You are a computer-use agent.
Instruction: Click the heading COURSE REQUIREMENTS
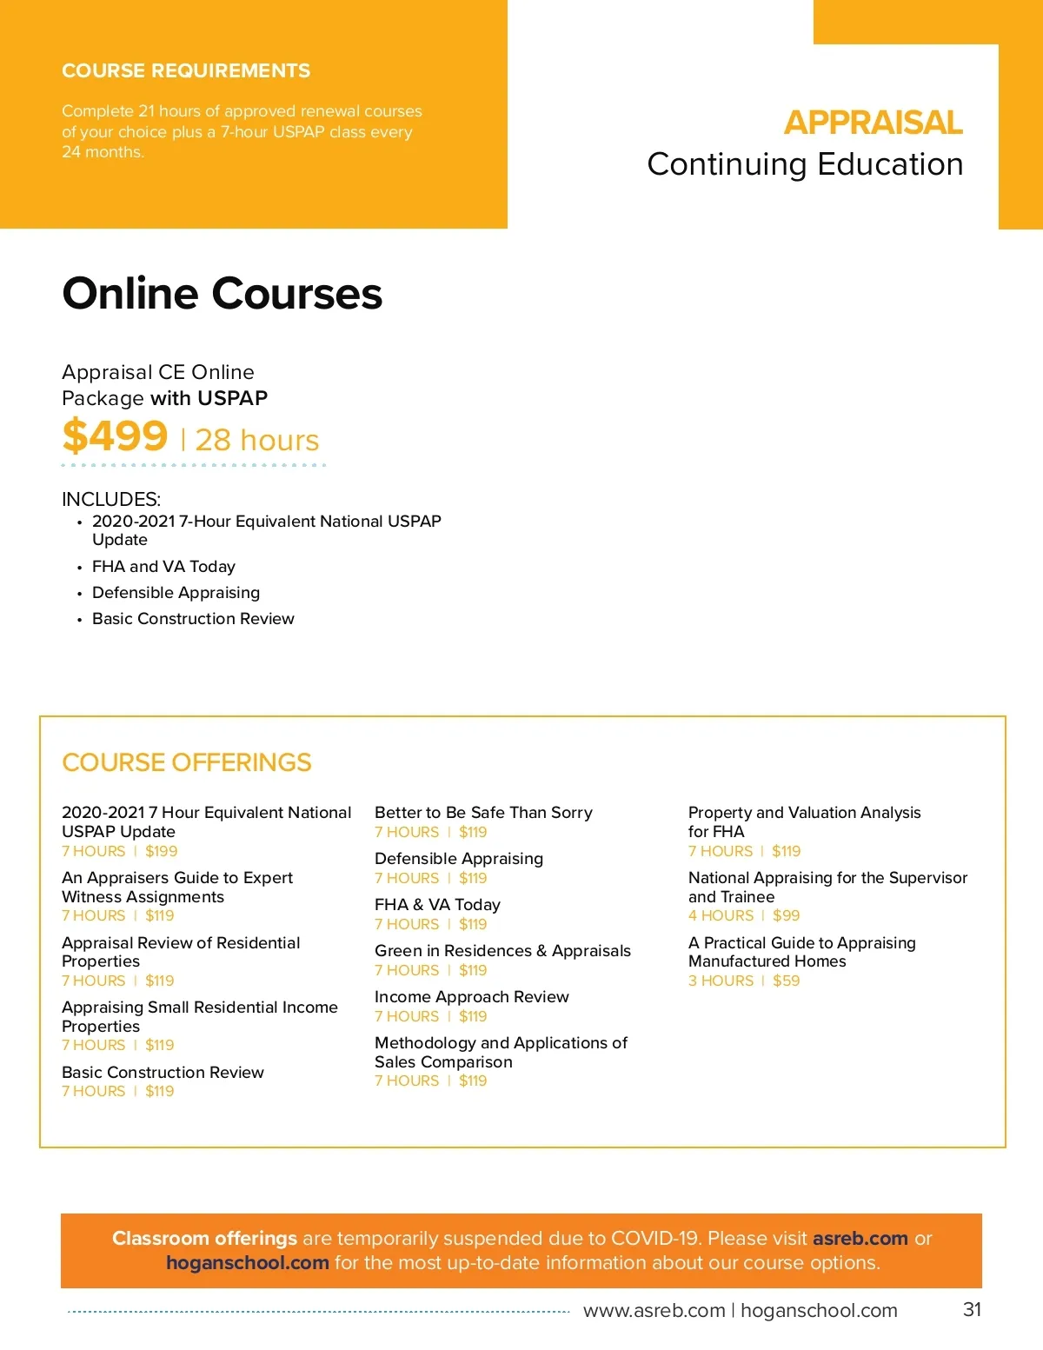tap(186, 70)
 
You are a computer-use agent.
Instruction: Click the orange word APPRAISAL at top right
tap(873, 123)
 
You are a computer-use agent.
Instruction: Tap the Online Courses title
tap(223, 293)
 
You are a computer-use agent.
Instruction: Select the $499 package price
tap(115, 436)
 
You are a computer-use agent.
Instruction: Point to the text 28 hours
tap(257, 440)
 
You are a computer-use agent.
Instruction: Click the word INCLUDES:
tap(111, 499)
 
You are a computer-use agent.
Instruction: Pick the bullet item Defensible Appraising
tap(176, 592)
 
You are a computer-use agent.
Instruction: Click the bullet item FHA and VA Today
tap(163, 566)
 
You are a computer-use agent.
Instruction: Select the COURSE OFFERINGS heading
tap(187, 762)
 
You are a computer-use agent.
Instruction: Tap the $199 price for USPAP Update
tap(161, 851)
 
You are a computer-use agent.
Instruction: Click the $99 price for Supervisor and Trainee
tap(786, 915)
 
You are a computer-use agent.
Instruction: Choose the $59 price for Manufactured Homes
tap(786, 981)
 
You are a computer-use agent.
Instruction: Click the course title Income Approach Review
tap(472, 996)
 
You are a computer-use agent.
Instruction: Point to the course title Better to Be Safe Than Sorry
tap(483, 812)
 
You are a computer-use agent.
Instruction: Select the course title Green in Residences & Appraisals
tap(502, 950)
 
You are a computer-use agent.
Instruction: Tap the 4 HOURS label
tap(721, 915)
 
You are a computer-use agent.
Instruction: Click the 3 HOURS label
tap(721, 981)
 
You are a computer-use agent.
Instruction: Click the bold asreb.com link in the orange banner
tap(860, 1238)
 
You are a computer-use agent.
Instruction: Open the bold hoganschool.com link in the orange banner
tap(248, 1262)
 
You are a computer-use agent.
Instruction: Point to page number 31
tap(972, 1309)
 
